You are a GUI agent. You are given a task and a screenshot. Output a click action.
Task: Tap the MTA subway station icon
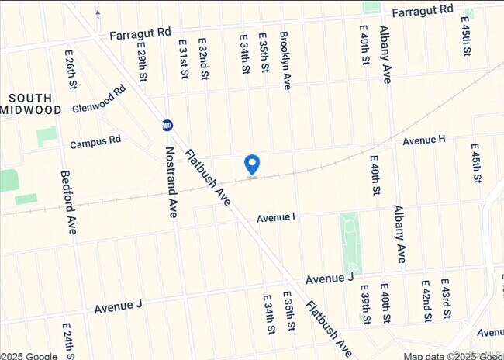click(167, 125)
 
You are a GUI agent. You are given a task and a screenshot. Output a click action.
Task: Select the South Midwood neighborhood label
click(31, 104)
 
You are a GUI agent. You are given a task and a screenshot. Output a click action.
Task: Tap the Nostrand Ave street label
click(171, 179)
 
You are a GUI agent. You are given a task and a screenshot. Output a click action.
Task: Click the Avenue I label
click(276, 217)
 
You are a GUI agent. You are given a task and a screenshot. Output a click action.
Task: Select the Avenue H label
click(423, 140)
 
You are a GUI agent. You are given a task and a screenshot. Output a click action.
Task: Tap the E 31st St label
click(183, 59)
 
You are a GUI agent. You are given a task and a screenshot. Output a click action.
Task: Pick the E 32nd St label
click(203, 59)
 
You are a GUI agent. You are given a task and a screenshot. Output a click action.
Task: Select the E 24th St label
click(67, 338)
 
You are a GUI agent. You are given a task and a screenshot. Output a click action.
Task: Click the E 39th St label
click(364, 303)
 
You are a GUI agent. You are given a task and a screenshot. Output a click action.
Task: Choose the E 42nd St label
click(426, 300)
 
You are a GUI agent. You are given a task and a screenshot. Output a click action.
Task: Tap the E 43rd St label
click(445, 299)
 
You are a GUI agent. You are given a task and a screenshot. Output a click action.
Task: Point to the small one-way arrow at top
click(98, 13)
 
